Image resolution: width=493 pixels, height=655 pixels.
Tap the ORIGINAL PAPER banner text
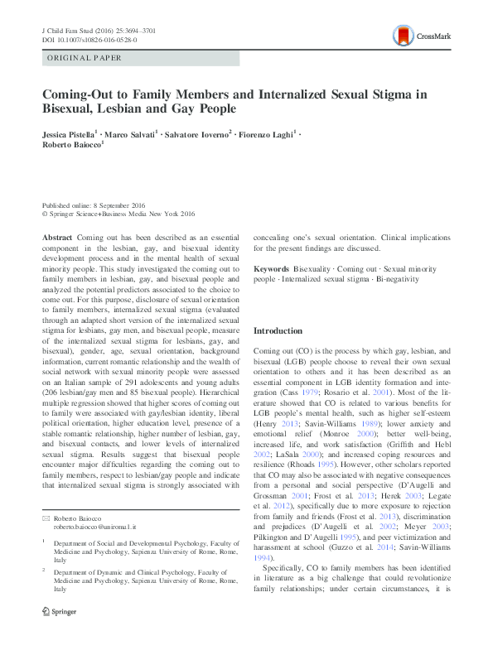pos(85,59)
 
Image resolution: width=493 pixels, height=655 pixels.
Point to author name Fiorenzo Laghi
pos(268,133)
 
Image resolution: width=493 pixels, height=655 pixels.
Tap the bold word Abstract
pos(57,236)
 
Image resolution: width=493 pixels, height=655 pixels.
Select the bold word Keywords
pos(271,269)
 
